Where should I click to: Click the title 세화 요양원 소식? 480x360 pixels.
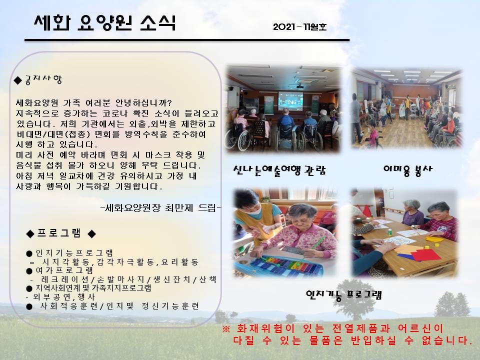[104, 23]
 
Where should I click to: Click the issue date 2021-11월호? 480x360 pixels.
[300, 27]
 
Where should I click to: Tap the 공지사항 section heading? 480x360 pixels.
[43, 79]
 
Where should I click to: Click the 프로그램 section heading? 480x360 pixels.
[59, 233]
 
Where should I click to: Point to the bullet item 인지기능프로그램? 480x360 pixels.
[74, 253]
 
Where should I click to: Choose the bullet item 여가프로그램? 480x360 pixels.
[64, 270]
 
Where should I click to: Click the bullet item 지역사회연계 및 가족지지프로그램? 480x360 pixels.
[93, 288]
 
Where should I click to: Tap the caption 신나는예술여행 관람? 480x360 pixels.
[279, 170]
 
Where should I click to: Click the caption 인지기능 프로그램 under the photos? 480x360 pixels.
[344, 295]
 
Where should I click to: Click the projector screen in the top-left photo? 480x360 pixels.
[290, 101]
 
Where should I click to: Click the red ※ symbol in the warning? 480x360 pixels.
[226, 329]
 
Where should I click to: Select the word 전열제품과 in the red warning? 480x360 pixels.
[361, 329]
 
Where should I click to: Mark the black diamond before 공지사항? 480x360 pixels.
[18, 80]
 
